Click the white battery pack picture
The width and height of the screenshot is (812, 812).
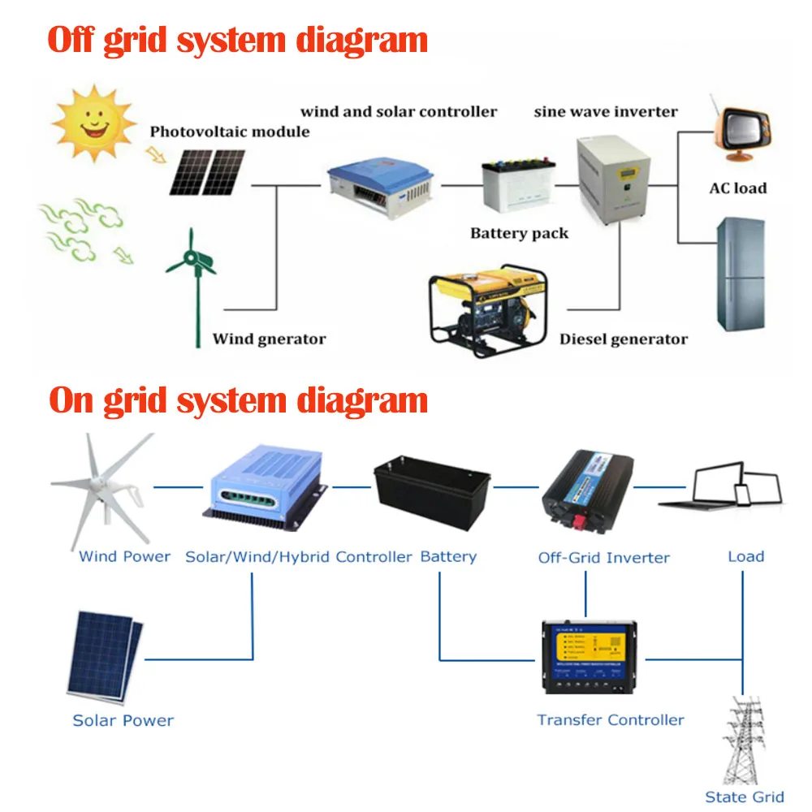click(x=519, y=187)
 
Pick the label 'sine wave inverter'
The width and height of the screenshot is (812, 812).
click(x=605, y=111)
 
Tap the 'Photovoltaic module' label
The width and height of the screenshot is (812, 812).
click(x=230, y=132)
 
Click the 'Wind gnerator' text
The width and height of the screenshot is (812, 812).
click(x=269, y=339)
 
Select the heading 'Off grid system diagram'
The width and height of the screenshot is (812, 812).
click(x=238, y=40)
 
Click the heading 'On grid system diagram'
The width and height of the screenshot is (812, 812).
click(x=238, y=400)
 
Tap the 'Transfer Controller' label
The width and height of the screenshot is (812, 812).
click(x=610, y=719)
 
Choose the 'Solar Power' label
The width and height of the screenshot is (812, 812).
click(x=123, y=720)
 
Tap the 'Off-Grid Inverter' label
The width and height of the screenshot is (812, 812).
click(x=603, y=558)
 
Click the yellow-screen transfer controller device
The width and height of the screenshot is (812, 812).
click(x=590, y=657)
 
